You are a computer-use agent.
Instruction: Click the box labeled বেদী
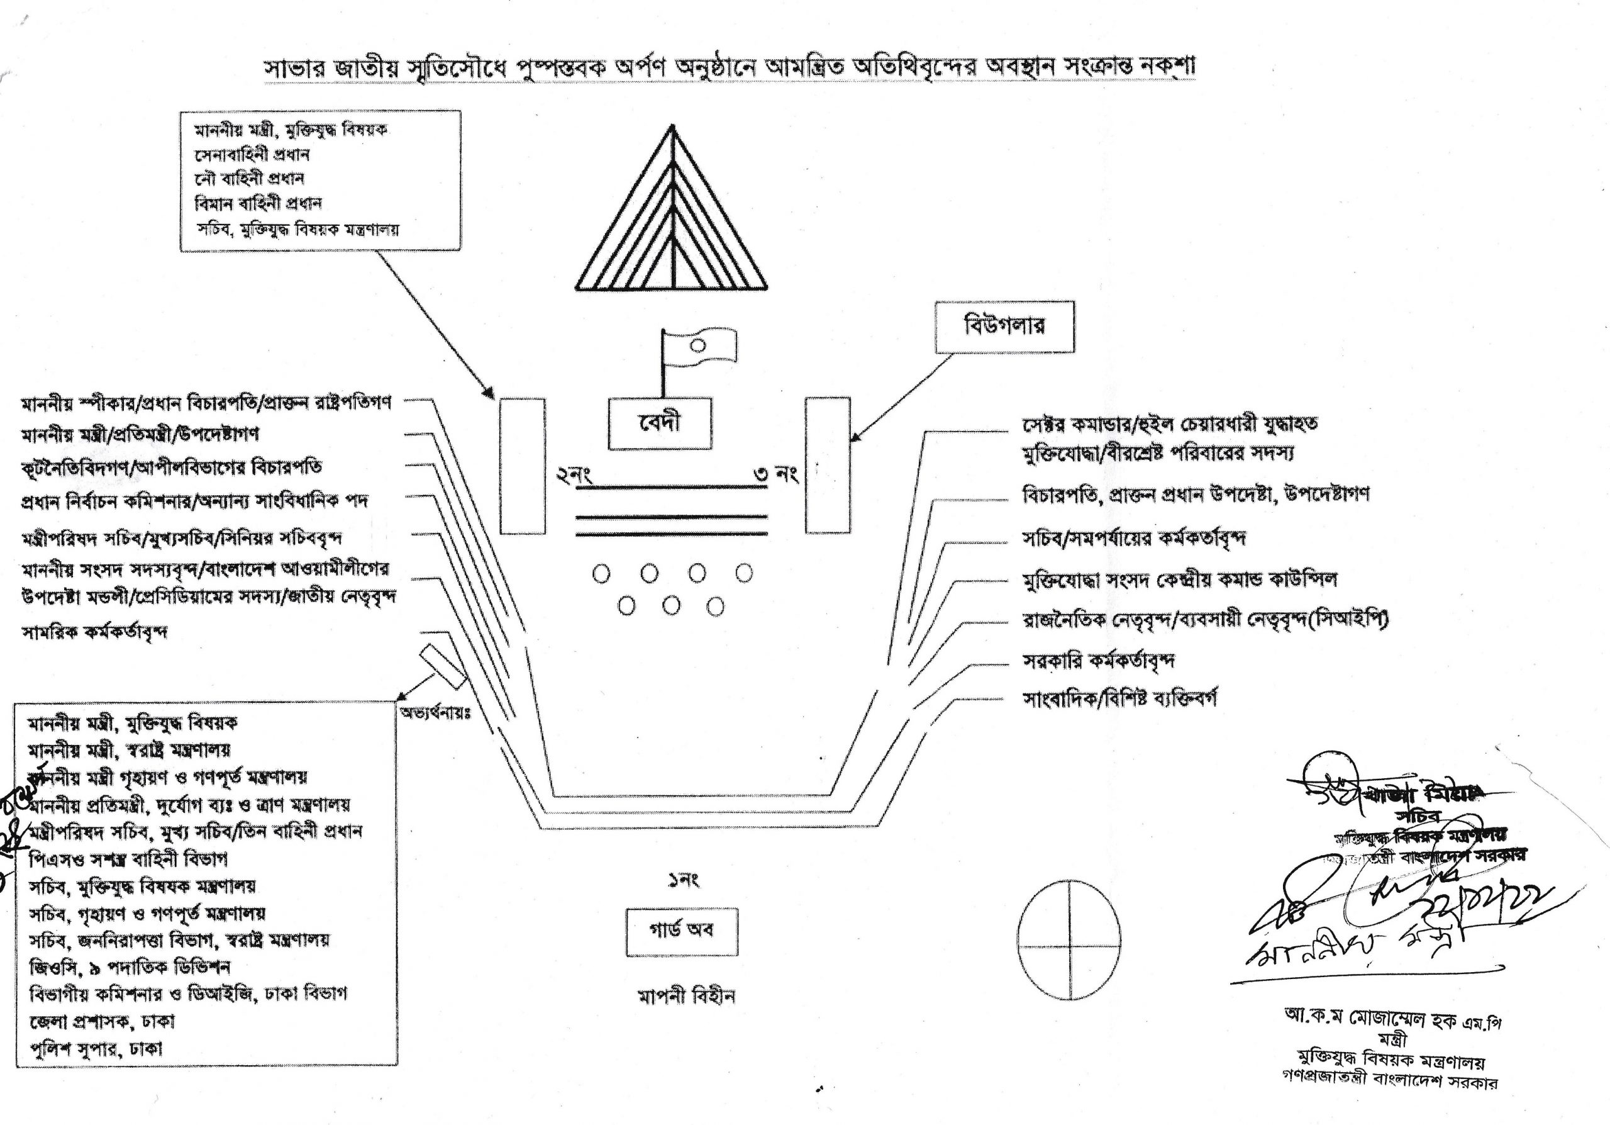tap(659, 423)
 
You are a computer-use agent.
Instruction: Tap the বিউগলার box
tap(1004, 327)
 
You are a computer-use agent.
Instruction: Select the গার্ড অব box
tap(681, 931)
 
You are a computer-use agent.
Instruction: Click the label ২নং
tap(574, 476)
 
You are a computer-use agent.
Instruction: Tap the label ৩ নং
tap(776, 475)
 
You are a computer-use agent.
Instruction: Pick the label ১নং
tap(683, 880)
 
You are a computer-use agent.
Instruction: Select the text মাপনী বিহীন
tap(686, 996)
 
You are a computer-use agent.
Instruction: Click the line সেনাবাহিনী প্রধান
tap(252, 154)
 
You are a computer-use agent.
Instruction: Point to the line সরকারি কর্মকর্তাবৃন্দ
tap(1099, 661)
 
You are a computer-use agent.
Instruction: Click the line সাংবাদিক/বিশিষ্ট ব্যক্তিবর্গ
tap(1120, 698)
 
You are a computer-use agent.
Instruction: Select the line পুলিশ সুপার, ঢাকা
tap(96, 1048)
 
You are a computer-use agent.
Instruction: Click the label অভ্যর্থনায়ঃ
tap(435, 714)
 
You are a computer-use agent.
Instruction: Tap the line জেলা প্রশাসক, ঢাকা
tap(102, 1021)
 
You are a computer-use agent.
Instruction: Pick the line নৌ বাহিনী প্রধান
tap(249, 179)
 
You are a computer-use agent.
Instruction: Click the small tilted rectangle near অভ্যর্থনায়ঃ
tap(443, 665)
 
